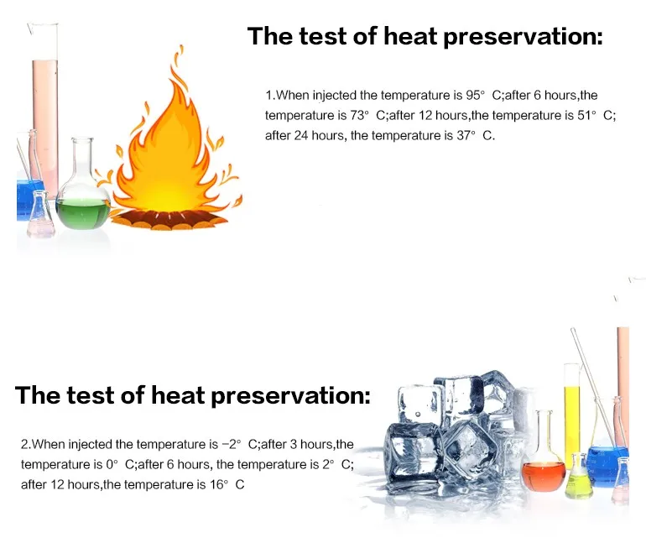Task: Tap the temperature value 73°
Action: [x=360, y=115]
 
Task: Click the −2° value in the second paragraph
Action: [x=231, y=444]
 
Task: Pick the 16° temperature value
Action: [x=219, y=484]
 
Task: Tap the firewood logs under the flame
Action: [x=169, y=219]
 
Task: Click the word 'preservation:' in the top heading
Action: [x=523, y=37]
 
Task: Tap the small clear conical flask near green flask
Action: [x=41, y=214]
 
